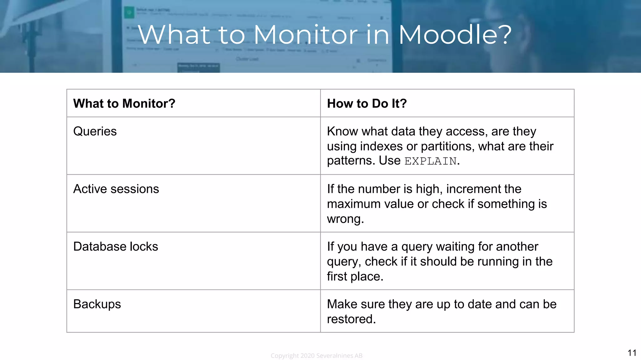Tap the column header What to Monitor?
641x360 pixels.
pos(124,103)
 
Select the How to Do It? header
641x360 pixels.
pos(367,103)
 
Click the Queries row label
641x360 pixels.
pos(95,131)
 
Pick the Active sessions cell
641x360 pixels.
pos(116,189)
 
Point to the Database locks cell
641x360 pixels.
pos(115,247)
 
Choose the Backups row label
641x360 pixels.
pos(97,304)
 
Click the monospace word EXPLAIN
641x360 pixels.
pos(430,161)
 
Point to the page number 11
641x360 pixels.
pos(632,353)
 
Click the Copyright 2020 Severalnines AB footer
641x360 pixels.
pos(316,356)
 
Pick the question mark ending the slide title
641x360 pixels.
pos(503,34)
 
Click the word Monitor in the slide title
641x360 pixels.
pos(305,34)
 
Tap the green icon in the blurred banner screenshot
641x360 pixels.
pos(129,12)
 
